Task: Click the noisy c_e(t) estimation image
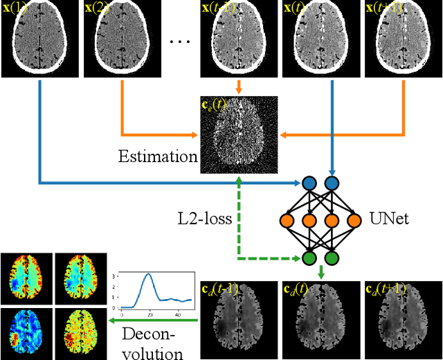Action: (x=239, y=134)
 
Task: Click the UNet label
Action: (x=389, y=219)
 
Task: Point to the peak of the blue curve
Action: (x=147, y=274)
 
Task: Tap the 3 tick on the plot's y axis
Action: (x=115, y=276)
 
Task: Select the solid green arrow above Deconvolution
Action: (x=152, y=321)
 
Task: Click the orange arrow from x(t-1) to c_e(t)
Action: (x=239, y=87)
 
